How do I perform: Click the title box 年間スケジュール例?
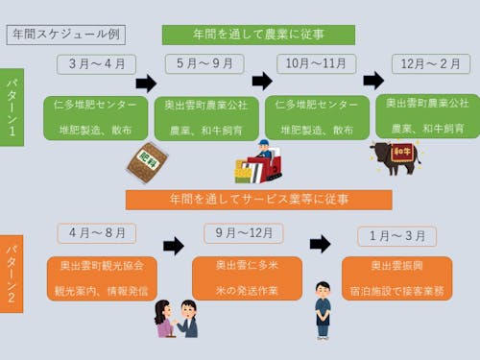66,33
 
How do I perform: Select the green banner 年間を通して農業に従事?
258,35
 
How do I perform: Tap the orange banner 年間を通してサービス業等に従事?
258,200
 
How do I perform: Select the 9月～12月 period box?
244,233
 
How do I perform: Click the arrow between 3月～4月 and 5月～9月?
145,83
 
